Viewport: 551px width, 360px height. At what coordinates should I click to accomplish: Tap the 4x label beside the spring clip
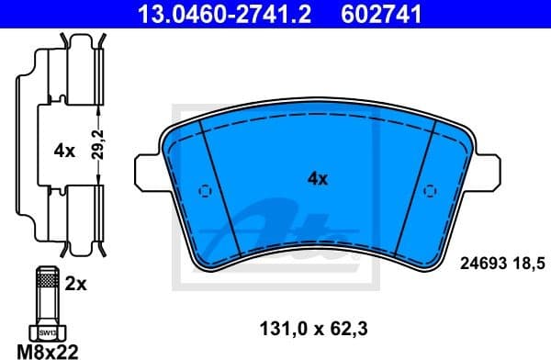pyautogui.click(x=64, y=151)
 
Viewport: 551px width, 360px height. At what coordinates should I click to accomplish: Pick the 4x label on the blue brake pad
pyautogui.click(x=317, y=179)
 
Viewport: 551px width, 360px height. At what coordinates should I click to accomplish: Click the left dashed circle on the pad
pyautogui.click(x=206, y=192)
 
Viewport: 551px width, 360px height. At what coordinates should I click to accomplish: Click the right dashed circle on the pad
pyautogui.click(x=428, y=192)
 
